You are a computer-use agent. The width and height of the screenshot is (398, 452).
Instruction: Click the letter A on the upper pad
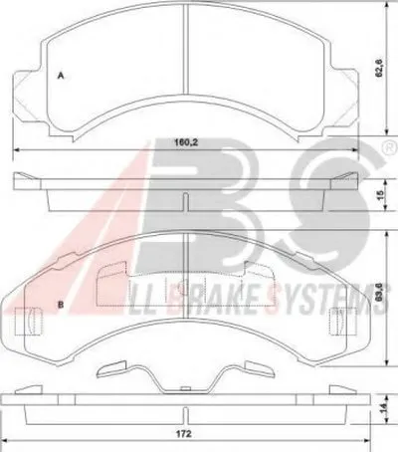point(61,76)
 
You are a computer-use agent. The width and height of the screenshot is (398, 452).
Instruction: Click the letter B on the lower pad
point(61,305)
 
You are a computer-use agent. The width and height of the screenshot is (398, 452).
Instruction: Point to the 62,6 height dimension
point(379,68)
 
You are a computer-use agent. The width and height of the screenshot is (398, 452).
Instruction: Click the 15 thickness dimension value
point(380,194)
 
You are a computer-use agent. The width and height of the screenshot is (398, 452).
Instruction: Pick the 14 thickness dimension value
point(382,408)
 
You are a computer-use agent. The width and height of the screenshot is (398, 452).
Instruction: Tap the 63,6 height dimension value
point(380,292)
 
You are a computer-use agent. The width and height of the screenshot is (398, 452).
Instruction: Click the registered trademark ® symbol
point(390,146)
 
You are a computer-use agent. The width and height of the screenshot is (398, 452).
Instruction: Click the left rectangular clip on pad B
point(30,321)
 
